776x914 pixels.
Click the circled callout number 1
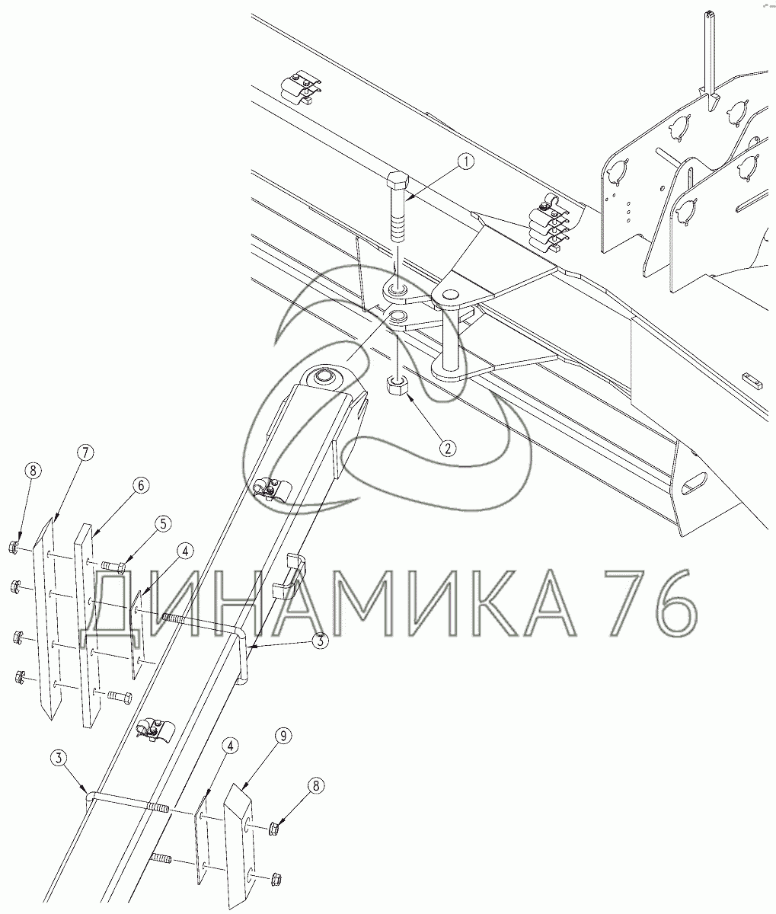tap(465, 162)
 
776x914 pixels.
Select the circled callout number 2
tap(448, 449)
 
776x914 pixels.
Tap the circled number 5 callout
tap(163, 524)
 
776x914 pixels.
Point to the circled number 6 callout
tap(141, 485)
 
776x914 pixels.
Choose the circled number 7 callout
tap(85, 452)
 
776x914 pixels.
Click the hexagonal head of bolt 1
tap(398, 181)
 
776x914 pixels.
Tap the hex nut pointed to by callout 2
tap(396, 385)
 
